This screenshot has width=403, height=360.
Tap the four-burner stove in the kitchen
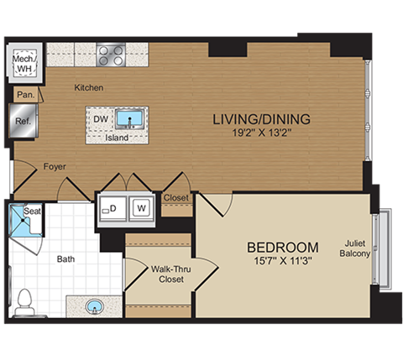click(x=111, y=55)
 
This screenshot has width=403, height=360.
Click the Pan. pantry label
click(x=25, y=96)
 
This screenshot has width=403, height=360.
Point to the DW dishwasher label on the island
click(x=100, y=119)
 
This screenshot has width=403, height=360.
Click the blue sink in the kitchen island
click(x=130, y=117)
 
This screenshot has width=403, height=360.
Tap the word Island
click(x=117, y=138)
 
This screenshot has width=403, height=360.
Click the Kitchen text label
click(x=88, y=87)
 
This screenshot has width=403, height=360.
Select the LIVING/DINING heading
click(x=261, y=118)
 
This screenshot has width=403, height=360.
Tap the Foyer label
click(x=55, y=166)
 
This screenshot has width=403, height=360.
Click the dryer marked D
click(x=112, y=207)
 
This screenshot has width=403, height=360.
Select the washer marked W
click(x=142, y=207)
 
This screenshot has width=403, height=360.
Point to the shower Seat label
click(x=33, y=211)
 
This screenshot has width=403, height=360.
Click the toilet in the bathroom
click(x=24, y=301)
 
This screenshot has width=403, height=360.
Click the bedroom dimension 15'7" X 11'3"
click(x=282, y=262)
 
